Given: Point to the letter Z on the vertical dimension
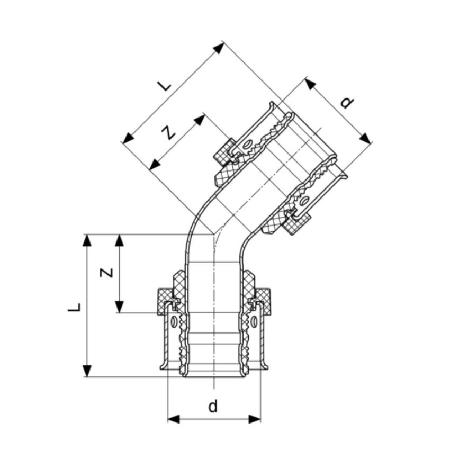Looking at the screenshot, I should pos(106,272).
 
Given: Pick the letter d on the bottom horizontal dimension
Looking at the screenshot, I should pos(213,407).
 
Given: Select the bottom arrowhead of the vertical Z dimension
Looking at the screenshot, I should pos(120,307).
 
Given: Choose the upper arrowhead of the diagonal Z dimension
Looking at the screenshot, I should pos(200,120).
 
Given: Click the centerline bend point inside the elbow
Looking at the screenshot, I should pos(213,233).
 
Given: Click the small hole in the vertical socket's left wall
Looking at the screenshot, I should pos(174,321).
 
